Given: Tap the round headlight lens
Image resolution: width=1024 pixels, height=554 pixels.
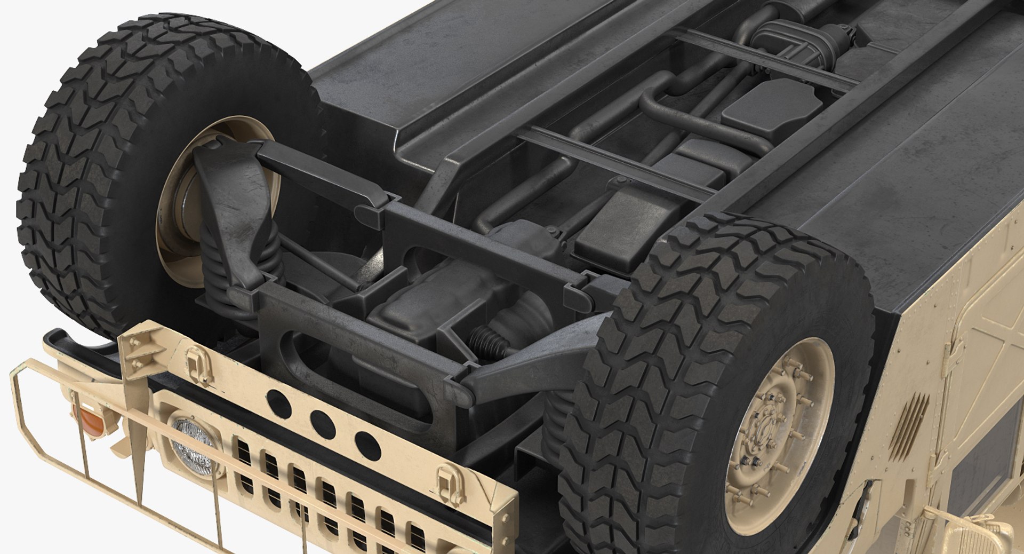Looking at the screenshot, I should pos(193,446).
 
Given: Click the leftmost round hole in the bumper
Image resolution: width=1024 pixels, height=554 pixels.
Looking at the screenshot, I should pos(278,403).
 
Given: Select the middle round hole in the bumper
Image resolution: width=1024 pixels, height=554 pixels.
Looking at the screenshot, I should pos(323,424).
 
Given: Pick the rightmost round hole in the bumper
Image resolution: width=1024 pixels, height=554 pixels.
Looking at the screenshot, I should pos(367,446).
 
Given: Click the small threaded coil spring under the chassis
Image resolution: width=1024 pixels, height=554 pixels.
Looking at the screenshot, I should pos(486,342).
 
